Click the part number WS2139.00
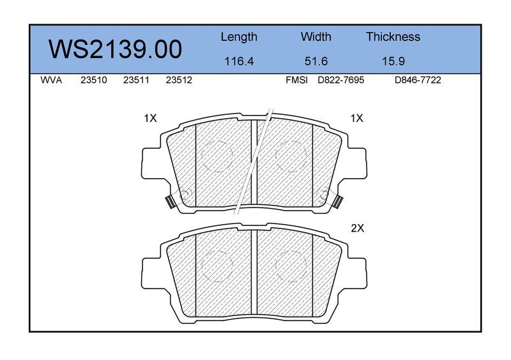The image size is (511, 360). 116,50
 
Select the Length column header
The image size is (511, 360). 239,37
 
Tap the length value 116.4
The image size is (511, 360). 239,61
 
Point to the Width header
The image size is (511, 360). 316,36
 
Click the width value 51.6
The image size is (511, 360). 316,61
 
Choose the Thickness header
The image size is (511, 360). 393,36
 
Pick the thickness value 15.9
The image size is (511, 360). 393,61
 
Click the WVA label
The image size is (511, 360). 51,80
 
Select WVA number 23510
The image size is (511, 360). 94,80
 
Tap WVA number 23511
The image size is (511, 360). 136,80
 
